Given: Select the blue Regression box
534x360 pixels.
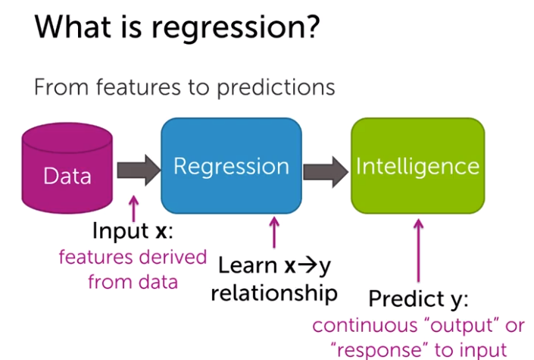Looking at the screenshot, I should point(231,165).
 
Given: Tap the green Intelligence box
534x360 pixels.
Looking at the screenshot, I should point(417,165).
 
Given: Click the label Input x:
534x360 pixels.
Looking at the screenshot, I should point(133,230).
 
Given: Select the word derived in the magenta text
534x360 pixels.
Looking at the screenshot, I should point(168,257).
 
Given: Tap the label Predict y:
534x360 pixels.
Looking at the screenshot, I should point(415,300).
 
